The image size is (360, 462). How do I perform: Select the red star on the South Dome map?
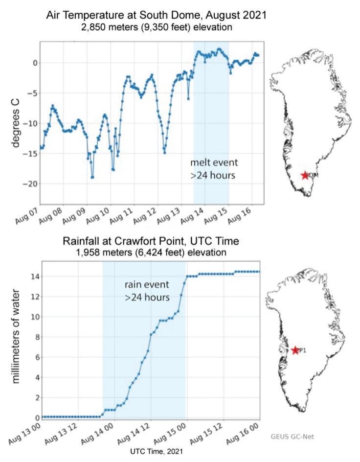305,175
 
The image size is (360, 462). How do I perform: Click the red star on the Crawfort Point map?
294,350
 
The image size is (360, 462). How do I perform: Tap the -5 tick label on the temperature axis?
31,93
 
